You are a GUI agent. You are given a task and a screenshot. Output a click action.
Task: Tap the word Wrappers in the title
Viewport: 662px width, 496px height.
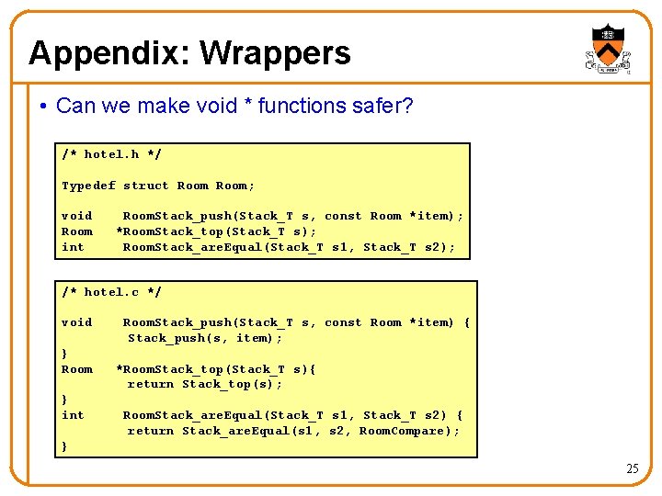(x=275, y=53)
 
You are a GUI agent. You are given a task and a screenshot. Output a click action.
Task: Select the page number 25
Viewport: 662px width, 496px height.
(x=632, y=468)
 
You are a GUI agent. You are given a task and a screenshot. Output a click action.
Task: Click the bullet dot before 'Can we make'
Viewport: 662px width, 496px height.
(x=44, y=107)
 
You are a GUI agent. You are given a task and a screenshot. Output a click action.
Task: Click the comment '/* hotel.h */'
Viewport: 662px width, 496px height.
(x=111, y=154)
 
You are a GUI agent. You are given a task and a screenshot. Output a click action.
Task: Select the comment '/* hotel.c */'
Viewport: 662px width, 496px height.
(x=111, y=292)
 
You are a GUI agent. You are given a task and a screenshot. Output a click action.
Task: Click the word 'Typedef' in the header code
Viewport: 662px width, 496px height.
(x=88, y=186)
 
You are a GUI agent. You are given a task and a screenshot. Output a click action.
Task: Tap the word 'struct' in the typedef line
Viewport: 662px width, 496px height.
(x=146, y=186)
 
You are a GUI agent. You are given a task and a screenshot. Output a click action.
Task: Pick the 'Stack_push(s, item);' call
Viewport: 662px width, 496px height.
(x=200, y=338)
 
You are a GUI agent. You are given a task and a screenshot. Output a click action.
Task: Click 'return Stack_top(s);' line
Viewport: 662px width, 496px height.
(x=204, y=384)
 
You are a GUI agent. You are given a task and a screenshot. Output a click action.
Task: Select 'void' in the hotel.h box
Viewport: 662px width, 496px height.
(x=76, y=216)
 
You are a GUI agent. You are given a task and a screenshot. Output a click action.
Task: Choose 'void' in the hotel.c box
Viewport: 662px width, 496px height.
(x=76, y=322)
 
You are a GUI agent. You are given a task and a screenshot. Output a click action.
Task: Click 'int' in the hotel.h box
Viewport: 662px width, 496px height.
(x=73, y=247)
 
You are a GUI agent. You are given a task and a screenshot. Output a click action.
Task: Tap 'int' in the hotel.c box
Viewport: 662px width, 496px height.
(x=73, y=415)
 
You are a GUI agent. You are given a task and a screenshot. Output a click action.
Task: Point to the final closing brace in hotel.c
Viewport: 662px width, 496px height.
(x=64, y=446)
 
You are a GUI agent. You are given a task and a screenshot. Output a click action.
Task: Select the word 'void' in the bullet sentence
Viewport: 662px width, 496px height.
(x=214, y=107)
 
